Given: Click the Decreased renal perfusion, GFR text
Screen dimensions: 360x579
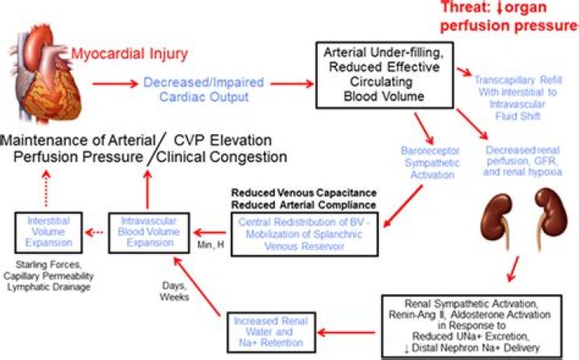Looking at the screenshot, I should (x=522, y=161).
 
